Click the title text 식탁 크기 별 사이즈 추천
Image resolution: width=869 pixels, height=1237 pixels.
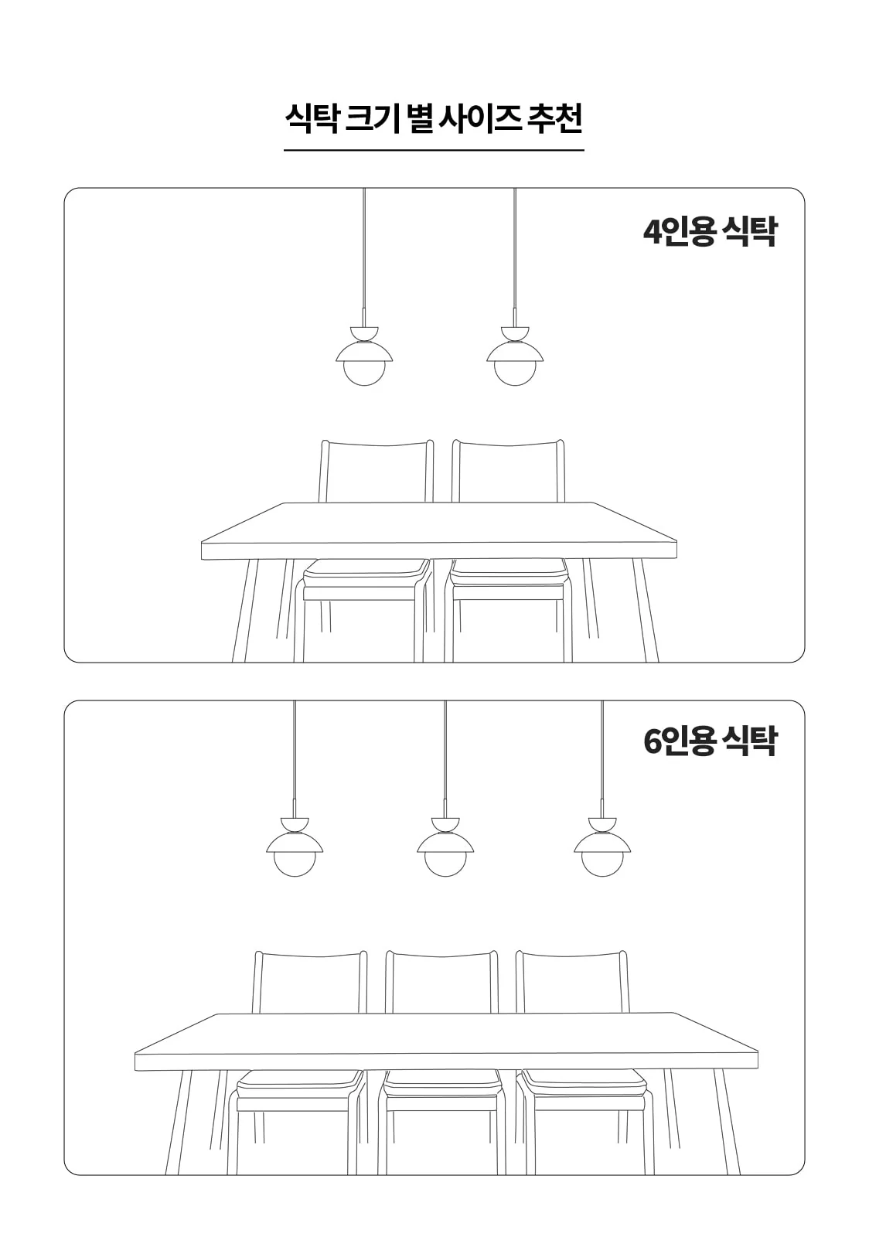(x=434, y=118)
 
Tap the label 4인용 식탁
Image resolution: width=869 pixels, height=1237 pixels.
(x=710, y=232)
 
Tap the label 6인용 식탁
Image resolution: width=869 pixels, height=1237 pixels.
(x=710, y=741)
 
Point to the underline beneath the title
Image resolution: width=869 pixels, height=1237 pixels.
(x=434, y=150)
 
